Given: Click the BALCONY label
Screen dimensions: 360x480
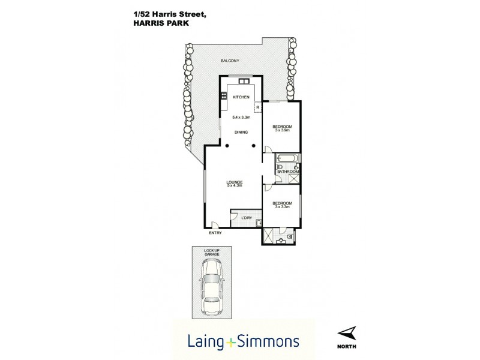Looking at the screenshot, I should (230, 61).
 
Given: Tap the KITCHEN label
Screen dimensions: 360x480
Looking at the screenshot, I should (241, 97).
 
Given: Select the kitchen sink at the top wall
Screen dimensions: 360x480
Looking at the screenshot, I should (244, 82).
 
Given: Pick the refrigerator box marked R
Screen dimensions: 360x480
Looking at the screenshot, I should (258, 108).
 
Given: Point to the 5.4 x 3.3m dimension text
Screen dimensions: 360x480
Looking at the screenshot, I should (241, 118).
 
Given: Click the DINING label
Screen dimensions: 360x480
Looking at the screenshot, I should (241, 133).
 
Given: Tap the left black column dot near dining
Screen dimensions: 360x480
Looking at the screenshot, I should (227, 146).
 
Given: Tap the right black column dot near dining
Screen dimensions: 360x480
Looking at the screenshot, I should (254, 146).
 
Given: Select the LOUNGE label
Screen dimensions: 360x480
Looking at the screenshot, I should (234, 181).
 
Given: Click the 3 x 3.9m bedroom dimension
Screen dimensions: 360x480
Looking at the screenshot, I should (282, 130).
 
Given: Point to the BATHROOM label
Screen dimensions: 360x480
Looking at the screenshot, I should (288, 172).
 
